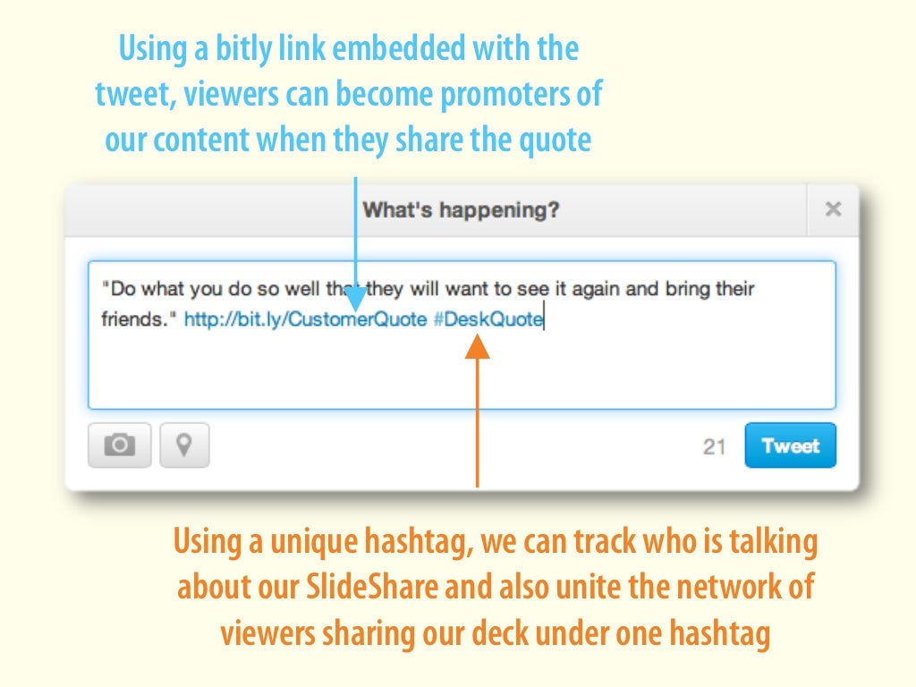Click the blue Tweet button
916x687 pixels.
coord(790,445)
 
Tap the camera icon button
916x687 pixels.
coord(120,445)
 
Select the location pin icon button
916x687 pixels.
coord(184,445)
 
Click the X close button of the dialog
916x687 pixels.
coord(833,209)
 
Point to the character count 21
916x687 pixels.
coord(714,446)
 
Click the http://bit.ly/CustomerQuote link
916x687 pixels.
coord(305,319)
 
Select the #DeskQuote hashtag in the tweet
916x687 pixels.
coord(488,319)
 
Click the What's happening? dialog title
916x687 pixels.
coord(461,210)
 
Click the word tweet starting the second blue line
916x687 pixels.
coord(133,95)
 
